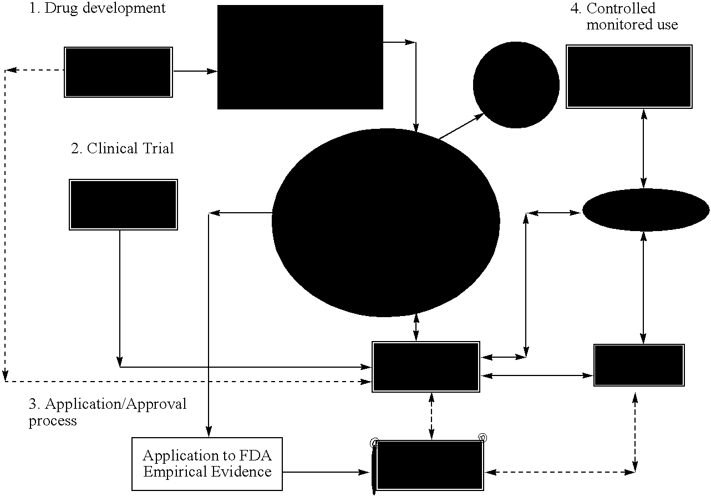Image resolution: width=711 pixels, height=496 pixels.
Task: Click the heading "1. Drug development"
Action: click(x=98, y=8)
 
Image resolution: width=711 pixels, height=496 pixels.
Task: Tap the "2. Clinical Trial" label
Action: click(x=123, y=148)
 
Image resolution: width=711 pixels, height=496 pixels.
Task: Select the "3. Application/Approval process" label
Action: click(x=108, y=412)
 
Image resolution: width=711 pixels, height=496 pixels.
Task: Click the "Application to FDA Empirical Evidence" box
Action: click(x=207, y=464)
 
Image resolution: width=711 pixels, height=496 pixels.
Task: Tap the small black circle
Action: click(x=516, y=84)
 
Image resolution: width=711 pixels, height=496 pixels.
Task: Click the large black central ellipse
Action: click(x=385, y=222)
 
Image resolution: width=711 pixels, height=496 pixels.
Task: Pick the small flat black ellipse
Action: click(x=646, y=210)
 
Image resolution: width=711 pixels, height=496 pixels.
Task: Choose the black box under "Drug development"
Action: click(x=118, y=72)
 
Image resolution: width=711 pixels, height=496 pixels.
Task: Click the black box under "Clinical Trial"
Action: click(x=123, y=204)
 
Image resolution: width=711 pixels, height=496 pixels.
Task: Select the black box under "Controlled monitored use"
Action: click(x=629, y=76)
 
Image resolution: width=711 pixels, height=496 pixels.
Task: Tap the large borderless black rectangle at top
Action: click(x=300, y=57)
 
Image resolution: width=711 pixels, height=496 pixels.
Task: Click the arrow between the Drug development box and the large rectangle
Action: click(x=195, y=71)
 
